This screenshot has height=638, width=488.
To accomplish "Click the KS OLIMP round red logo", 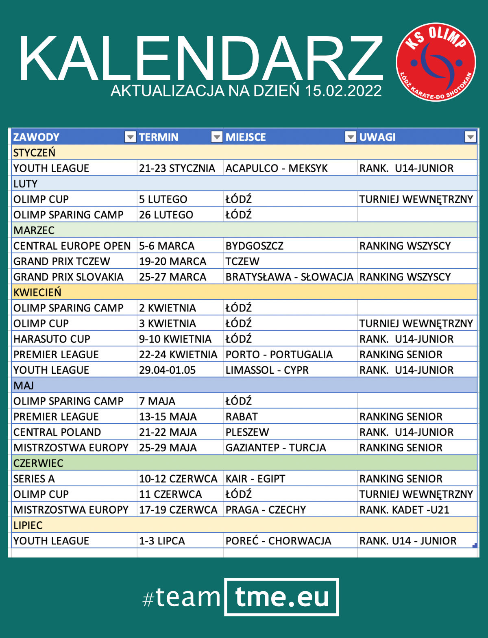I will click(x=436, y=62).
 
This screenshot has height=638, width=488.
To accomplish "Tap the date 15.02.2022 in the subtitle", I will click(x=343, y=91).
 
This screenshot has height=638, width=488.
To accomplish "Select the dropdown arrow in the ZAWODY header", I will click(x=130, y=137).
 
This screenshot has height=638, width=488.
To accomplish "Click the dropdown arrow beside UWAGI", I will click(x=471, y=137).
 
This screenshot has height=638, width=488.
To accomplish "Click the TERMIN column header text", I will click(x=159, y=137).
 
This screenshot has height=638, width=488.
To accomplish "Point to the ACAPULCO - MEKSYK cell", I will click(x=277, y=168).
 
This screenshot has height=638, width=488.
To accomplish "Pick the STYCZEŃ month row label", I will click(x=34, y=153).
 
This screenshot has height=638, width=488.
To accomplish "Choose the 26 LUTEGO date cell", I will click(x=166, y=215).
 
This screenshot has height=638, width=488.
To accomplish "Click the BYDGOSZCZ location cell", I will click(x=255, y=246).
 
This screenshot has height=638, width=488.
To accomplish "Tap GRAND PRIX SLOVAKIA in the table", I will click(x=68, y=277).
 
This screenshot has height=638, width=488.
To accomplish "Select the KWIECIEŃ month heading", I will click(x=37, y=292).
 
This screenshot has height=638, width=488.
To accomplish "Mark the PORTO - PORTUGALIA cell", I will click(x=279, y=355).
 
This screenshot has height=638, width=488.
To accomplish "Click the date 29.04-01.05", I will click(x=167, y=370).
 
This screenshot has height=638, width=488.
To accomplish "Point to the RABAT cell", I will click(x=242, y=417).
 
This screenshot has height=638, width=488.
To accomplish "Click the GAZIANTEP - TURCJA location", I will click(x=276, y=448).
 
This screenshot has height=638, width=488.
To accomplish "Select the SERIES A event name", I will click(x=34, y=479).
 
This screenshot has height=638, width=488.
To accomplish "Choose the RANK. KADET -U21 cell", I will click(x=404, y=510).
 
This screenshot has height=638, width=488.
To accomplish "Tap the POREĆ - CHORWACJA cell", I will click(x=278, y=541).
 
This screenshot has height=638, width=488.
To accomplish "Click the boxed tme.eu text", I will click(x=282, y=597).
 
